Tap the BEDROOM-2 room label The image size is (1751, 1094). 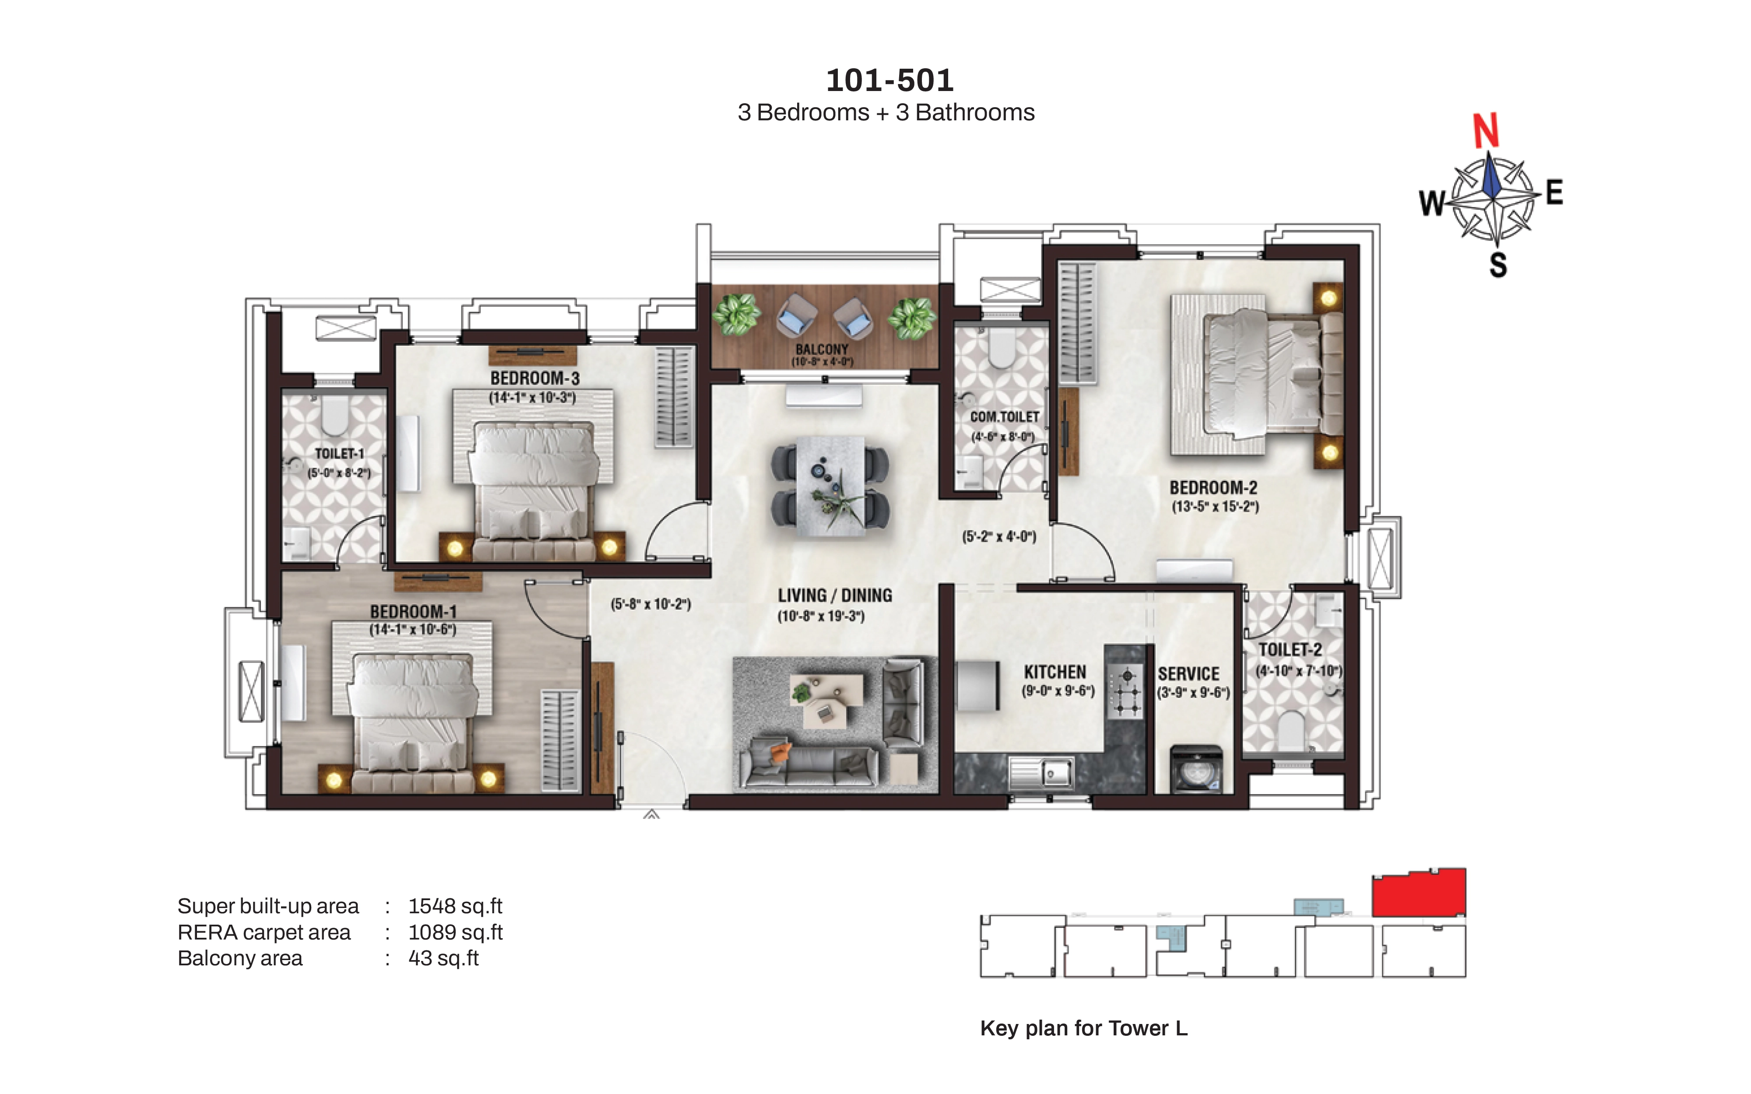1213,487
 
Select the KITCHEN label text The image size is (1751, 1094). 1055,672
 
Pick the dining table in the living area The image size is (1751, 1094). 830,485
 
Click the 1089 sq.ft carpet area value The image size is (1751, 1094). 455,932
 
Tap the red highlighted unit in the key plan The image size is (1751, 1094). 1419,893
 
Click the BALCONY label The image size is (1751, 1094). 822,350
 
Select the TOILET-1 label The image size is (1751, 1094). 339,454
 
